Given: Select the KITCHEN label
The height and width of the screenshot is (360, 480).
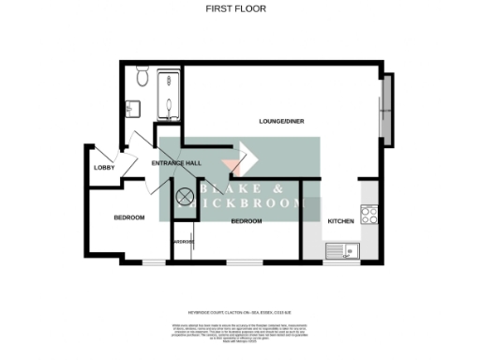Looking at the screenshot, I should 339,220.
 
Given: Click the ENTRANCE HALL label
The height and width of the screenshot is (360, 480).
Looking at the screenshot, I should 177,163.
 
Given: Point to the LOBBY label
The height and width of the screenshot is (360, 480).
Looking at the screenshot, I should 103,168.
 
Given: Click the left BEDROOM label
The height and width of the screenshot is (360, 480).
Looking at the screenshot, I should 129,217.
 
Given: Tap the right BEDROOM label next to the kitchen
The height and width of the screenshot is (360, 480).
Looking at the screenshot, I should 246,220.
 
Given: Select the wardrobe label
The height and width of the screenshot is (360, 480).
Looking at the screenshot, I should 184,242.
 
